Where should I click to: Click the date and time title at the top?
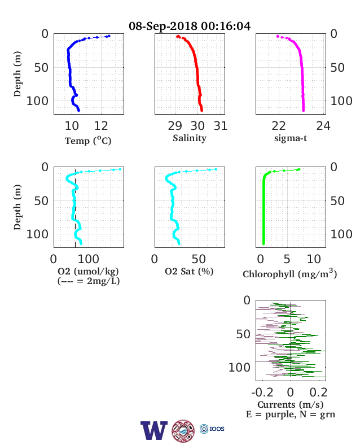[x=190, y=26]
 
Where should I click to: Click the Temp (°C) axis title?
[x=88, y=141]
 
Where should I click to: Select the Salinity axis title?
[x=190, y=138]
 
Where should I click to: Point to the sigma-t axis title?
[x=291, y=138]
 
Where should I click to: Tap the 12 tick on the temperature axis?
[x=101, y=126]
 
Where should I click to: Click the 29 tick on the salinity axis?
[x=174, y=126]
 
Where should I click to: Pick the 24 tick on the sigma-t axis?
[x=323, y=126]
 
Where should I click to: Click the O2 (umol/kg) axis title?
[x=88, y=271]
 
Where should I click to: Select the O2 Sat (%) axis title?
[x=189, y=271]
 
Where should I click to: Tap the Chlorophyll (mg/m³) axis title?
[x=289, y=273]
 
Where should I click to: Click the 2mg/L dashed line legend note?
[x=89, y=281]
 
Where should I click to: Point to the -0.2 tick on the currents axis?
[x=262, y=392]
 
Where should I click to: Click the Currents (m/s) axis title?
[x=290, y=404]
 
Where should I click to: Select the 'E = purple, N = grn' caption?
[x=291, y=415]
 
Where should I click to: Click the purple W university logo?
[x=154, y=430]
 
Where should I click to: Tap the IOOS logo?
[x=212, y=429]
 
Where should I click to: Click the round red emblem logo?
[x=183, y=431]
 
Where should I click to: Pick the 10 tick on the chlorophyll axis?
[x=314, y=259]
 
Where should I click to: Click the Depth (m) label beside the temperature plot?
[x=17, y=74]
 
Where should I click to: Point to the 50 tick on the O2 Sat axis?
[x=199, y=259]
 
